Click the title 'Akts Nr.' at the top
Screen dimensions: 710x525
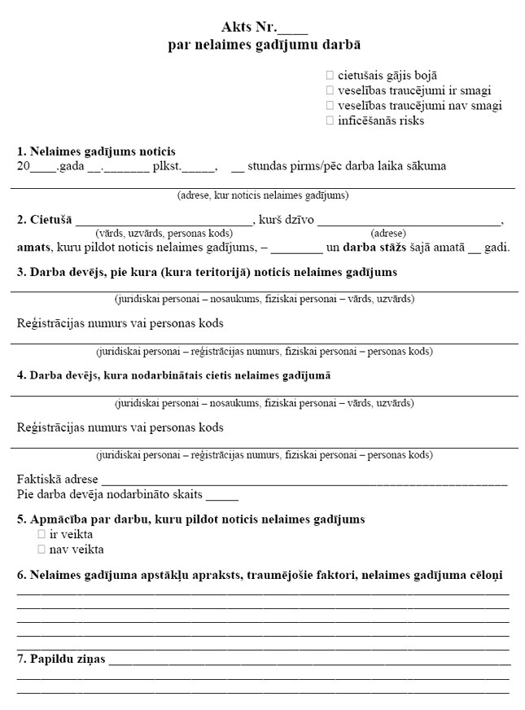point(252,30)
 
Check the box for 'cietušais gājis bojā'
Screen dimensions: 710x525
point(330,75)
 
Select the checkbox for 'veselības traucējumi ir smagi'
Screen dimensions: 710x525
point(330,90)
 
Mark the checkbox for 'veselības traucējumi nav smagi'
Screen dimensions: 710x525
point(330,106)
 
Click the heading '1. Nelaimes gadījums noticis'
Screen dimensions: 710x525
point(96,151)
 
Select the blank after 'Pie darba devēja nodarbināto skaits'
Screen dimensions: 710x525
point(222,495)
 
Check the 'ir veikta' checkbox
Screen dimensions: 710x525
point(42,535)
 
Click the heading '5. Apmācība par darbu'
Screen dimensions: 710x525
point(190,519)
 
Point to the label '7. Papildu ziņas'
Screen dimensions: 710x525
point(61,659)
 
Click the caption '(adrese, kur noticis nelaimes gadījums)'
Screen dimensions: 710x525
point(263,195)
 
